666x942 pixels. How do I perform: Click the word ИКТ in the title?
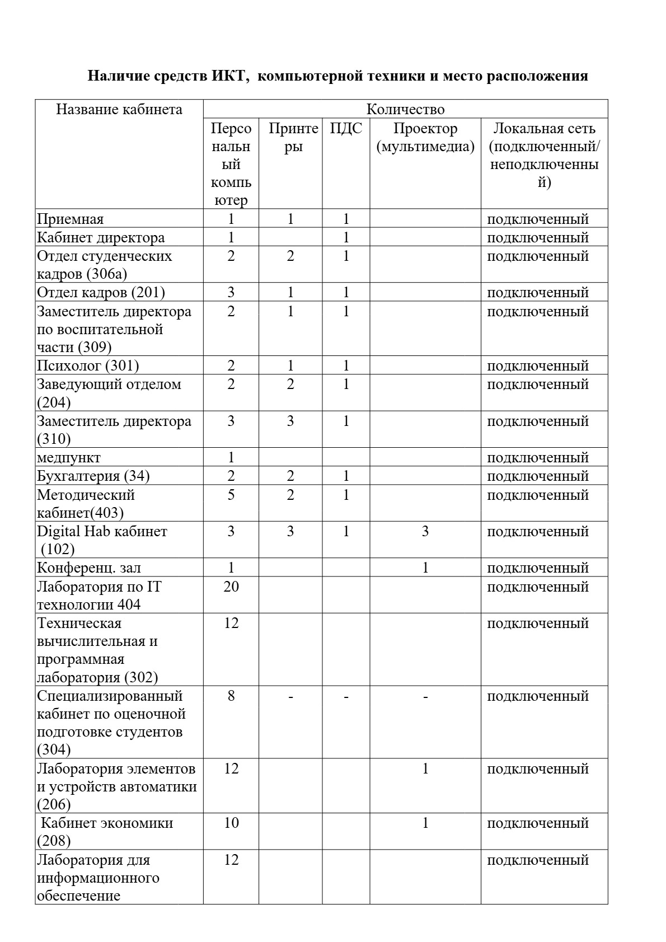pyautogui.click(x=229, y=76)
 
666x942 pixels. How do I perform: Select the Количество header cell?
pyautogui.click(x=405, y=109)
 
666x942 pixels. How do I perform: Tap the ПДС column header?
pyautogui.click(x=346, y=129)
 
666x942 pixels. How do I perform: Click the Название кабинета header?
pyautogui.click(x=119, y=109)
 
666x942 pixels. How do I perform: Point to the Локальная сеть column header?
pyautogui.click(x=544, y=155)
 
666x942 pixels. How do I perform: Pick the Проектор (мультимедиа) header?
pyautogui.click(x=425, y=138)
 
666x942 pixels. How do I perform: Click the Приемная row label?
pyautogui.click(x=71, y=219)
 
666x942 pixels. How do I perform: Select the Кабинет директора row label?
pyautogui.click(x=101, y=237)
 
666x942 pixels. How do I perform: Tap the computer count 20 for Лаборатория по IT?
pyautogui.click(x=231, y=587)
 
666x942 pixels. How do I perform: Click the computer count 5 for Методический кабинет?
pyautogui.click(x=231, y=495)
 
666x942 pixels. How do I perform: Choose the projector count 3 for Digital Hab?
pyautogui.click(x=425, y=531)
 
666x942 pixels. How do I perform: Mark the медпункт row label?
pyautogui.click(x=69, y=457)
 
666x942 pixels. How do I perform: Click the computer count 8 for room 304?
pyautogui.click(x=231, y=696)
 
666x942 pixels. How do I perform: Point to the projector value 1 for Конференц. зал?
pyautogui.click(x=425, y=568)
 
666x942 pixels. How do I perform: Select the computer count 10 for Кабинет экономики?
pyautogui.click(x=231, y=823)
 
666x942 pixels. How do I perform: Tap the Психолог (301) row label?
pyautogui.click(x=88, y=365)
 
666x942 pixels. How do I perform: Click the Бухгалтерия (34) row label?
pyautogui.click(x=93, y=476)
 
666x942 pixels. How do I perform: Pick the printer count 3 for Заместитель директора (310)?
pyautogui.click(x=290, y=421)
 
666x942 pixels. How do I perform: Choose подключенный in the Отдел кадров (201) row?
pyautogui.click(x=538, y=292)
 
